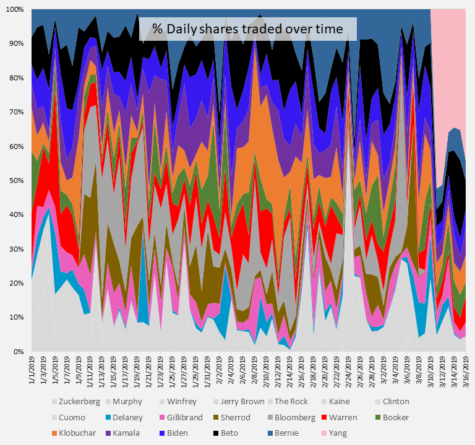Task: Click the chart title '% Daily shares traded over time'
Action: (x=248, y=28)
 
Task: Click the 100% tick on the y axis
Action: (x=14, y=10)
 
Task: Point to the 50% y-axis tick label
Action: (x=16, y=180)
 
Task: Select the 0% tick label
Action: (x=19, y=351)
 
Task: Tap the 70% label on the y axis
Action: (x=16, y=112)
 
